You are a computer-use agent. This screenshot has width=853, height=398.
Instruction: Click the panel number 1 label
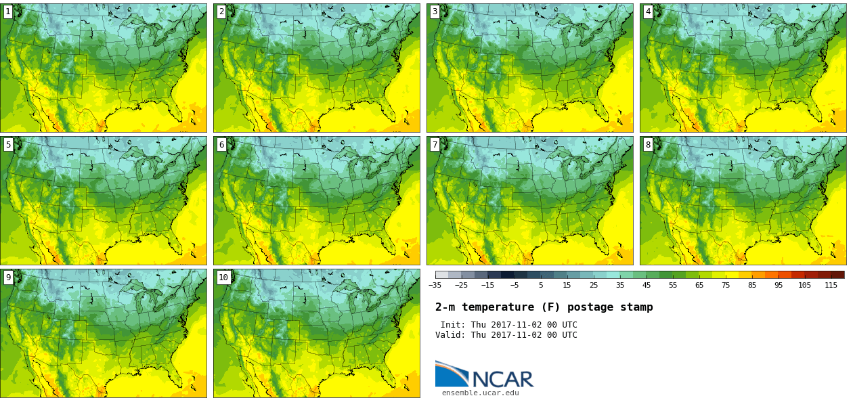tap(8, 12)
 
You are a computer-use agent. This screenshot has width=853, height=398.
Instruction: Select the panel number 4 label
tap(648, 12)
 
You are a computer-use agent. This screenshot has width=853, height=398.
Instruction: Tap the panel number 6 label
tap(221, 144)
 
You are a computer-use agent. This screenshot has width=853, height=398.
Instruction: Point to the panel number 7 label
tap(435, 144)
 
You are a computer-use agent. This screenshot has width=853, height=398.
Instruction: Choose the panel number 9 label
tap(8, 277)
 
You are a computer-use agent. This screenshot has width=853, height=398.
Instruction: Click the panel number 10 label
tap(223, 277)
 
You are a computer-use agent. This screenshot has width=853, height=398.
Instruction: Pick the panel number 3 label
tap(435, 12)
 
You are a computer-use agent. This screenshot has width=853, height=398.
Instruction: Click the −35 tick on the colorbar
tap(435, 285)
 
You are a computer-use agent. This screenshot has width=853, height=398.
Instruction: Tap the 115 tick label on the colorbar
tap(831, 285)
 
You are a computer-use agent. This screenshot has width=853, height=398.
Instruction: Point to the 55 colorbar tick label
tap(672, 285)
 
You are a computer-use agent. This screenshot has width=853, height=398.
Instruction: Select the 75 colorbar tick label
tap(725, 285)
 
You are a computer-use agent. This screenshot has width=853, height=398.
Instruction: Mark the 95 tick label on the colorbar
tap(778, 285)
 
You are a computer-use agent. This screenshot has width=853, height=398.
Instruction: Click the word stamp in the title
tap(637, 307)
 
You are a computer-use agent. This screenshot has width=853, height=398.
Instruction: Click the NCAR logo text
tap(502, 379)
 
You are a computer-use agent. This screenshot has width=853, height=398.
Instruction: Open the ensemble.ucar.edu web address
tap(480, 393)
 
